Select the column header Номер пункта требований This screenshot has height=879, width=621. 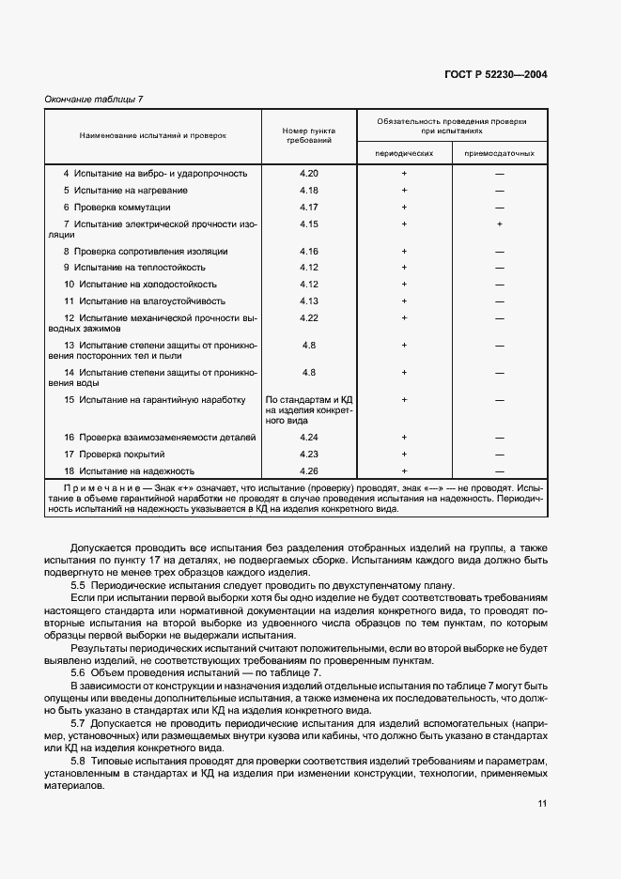coord(309,134)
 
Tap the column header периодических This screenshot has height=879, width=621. coord(404,152)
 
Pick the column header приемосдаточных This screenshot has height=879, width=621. coord(499,152)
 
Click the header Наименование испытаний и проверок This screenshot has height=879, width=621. coord(153,135)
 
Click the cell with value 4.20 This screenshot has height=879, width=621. coord(309,174)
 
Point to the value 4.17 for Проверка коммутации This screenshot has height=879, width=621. coord(309,207)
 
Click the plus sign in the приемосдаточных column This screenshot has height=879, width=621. coord(500,224)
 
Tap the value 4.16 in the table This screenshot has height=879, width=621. coord(309,251)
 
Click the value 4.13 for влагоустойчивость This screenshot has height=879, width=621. coord(309,301)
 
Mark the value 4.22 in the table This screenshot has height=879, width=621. coord(309,317)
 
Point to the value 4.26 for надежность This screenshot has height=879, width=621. coord(309,470)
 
